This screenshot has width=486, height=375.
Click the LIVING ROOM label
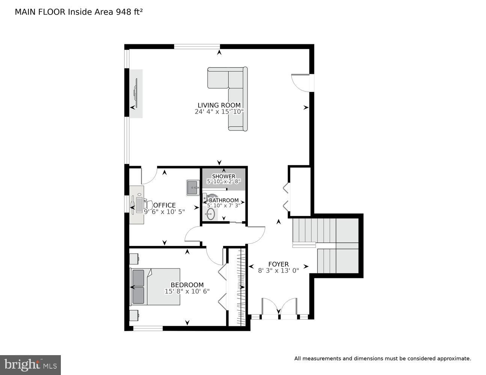pyautogui.click(x=219, y=105)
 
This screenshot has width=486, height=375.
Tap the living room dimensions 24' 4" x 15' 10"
pyautogui.click(x=219, y=112)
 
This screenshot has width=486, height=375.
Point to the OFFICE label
pyautogui.click(x=165, y=205)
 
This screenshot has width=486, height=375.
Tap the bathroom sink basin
pyautogui.click(x=210, y=214)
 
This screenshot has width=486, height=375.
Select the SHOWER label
pyautogui.click(x=223, y=176)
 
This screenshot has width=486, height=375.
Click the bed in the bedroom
pyautogui.click(x=155, y=286)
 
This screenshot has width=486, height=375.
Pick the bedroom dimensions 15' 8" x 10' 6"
pyautogui.click(x=187, y=291)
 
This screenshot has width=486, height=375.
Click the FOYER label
pyautogui.click(x=278, y=264)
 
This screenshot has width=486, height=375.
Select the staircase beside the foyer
pyautogui.click(x=326, y=246)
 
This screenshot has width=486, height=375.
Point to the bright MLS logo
pyautogui.click(x=30, y=364)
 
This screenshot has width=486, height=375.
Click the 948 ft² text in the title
pyautogui.click(x=127, y=12)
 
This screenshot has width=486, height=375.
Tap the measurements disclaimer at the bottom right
pyautogui.click(x=382, y=358)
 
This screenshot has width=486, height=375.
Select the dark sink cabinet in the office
pyautogui.click(x=193, y=187)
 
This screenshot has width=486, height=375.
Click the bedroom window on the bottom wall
pyautogui.click(x=148, y=328)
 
